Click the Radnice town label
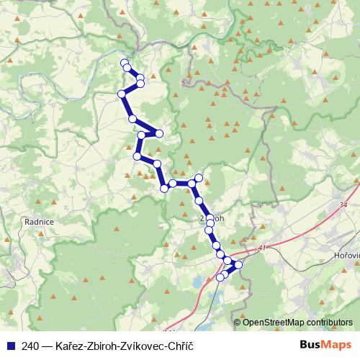tap(39, 223)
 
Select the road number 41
tap(261, 248)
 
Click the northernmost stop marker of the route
tap(125, 63)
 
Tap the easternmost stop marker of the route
tap(239, 264)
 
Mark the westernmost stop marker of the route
tap(122, 94)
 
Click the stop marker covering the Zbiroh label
tap(210, 218)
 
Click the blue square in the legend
tap(11, 346)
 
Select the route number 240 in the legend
tap(30, 346)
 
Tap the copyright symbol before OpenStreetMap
tap(238, 323)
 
